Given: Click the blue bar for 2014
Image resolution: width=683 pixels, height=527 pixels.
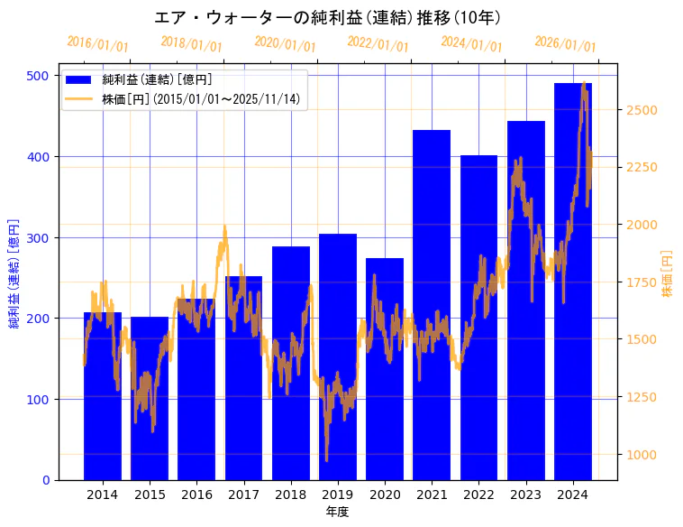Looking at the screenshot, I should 103,397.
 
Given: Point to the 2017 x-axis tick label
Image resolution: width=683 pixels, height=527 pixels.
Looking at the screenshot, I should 243,495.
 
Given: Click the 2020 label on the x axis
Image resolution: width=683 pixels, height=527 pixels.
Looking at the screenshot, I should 385,495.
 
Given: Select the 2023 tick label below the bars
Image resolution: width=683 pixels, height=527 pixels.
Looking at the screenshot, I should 526,495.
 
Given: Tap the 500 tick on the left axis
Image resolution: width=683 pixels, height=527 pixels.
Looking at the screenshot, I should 38,76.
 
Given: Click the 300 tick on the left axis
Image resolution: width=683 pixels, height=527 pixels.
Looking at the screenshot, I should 38,237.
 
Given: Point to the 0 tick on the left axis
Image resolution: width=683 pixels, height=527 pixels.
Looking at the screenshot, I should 46,480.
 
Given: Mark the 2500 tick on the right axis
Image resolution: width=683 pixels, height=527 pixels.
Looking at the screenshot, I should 641,110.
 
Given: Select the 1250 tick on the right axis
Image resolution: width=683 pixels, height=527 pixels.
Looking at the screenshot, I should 641,397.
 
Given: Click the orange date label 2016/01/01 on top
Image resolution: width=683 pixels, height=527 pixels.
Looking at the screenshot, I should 98,44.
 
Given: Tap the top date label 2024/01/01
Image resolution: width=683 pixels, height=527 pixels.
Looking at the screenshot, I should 472,44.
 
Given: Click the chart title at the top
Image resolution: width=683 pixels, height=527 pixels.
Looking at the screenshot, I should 327,18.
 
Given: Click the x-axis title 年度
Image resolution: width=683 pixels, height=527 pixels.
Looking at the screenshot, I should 337,512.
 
